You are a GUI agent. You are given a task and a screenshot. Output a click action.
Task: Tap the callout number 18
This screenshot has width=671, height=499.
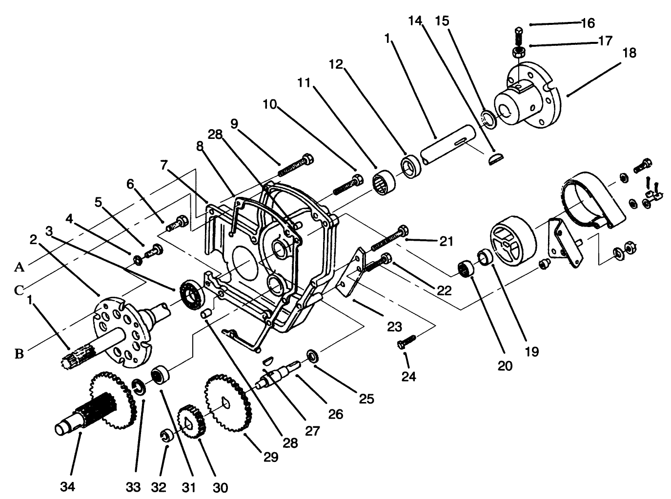point(630,53)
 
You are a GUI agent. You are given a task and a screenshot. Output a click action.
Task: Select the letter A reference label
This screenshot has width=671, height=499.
point(19,267)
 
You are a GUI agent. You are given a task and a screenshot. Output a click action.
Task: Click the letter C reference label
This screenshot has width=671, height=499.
point(19,290)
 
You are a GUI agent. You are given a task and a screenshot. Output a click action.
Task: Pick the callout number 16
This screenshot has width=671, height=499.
point(588,23)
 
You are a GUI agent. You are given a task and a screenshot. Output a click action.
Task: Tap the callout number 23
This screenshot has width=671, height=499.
point(394,326)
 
